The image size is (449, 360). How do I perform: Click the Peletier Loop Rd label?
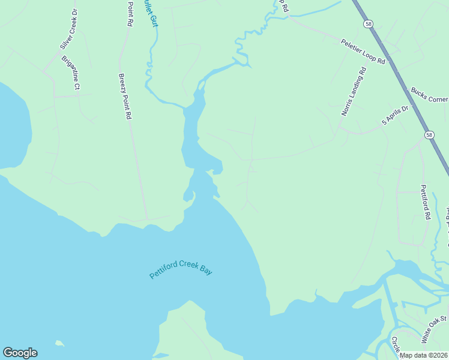[363, 51]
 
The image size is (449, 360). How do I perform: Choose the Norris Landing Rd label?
[354, 91]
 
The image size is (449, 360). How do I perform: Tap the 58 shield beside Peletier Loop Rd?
[367, 23]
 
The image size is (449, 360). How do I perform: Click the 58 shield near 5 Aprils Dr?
[429, 135]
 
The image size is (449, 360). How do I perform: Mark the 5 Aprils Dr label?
[395, 115]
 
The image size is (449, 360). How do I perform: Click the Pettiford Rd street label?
[425, 202]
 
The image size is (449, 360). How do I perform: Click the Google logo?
[20, 353]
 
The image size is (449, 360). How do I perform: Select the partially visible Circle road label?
[396, 346]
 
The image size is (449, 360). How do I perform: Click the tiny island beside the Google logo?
[59, 343]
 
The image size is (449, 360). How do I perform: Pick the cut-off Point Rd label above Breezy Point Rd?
[130, 14]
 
